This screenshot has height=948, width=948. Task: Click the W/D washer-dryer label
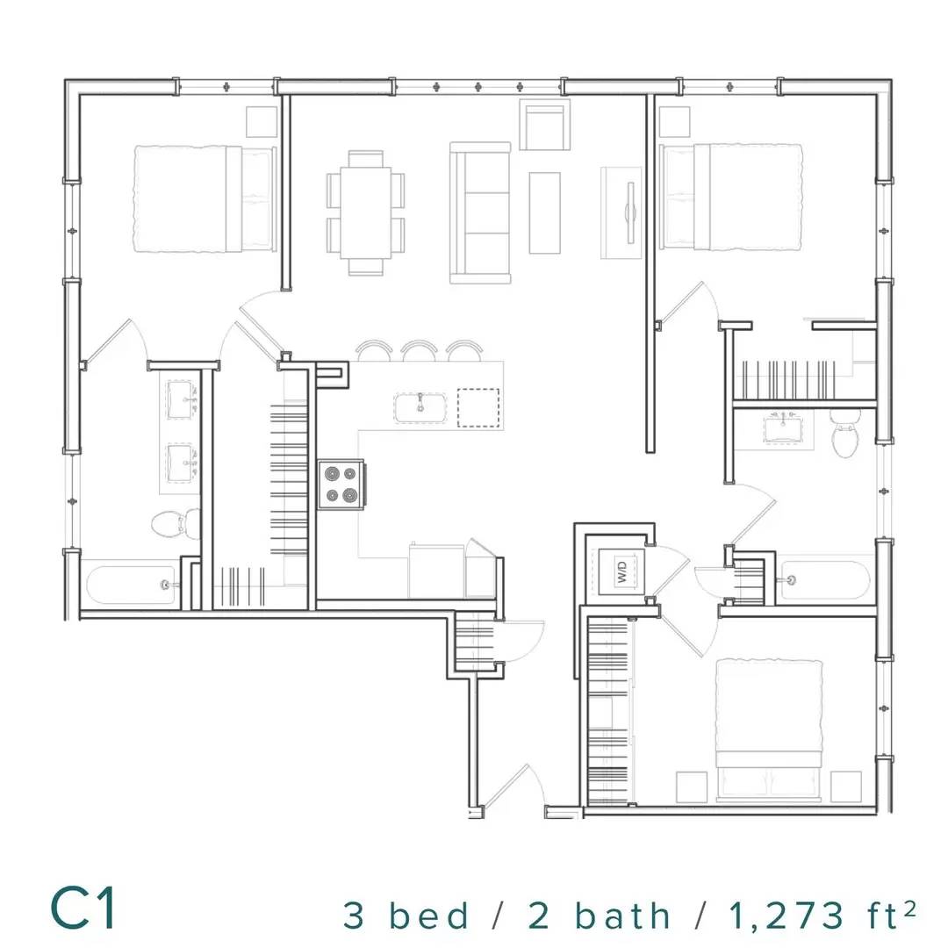[x=622, y=571]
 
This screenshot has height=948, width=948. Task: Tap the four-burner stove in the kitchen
[x=341, y=485]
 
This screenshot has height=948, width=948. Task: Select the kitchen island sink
[x=420, y=407]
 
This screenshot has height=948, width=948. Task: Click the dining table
[x=366, y=212]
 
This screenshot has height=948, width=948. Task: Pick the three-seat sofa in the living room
[x=480, y=212]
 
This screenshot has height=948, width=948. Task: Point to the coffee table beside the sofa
[x=545, y=212]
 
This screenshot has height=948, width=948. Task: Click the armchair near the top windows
[x=545, y=125]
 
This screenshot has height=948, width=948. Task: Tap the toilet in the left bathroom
[x=176, y=523]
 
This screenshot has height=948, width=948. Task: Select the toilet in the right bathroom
[x=846, y=432]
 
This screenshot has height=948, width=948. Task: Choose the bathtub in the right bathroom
[x=824, y=580]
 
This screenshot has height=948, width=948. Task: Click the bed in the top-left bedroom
[x=205, y=198]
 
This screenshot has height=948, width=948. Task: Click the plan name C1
[x=83, y=908]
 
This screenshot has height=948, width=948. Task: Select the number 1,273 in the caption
[x=786, y=916]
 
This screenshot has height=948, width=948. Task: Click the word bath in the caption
[x=621, y=915]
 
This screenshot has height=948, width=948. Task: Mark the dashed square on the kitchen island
[x=478, y=407]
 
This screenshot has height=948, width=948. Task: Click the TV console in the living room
[x=621, y=212]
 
